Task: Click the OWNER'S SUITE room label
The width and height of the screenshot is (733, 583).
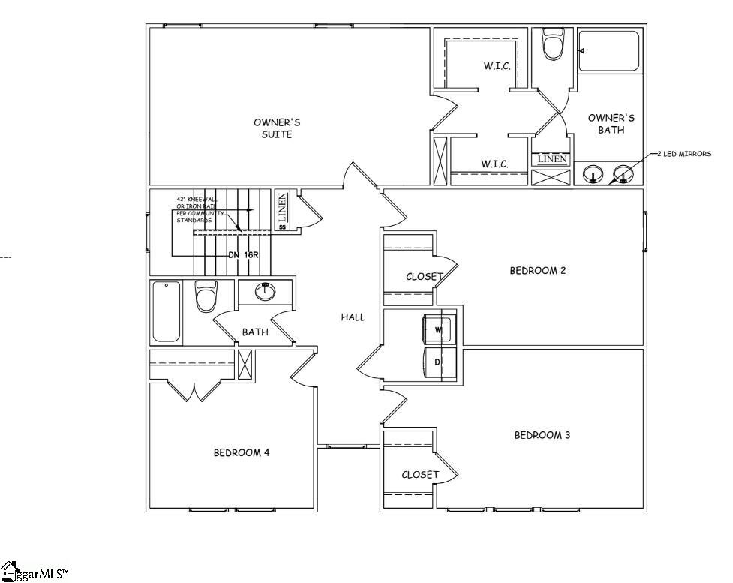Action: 272,128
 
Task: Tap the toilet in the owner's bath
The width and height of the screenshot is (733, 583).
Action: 553,44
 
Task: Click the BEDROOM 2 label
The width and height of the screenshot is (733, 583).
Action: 538,271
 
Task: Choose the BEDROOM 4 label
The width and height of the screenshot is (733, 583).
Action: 242,452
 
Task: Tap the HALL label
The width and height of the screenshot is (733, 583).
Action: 353,317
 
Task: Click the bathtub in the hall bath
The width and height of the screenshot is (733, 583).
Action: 167,311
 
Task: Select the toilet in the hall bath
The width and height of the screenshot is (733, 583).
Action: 206,296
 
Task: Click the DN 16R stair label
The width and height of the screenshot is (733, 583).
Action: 244,254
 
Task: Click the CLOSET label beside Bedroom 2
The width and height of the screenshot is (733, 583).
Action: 425,277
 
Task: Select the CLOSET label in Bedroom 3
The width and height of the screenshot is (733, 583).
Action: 420,474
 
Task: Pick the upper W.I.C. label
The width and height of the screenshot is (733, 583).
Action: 497,66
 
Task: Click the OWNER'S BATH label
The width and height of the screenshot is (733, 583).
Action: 611,124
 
